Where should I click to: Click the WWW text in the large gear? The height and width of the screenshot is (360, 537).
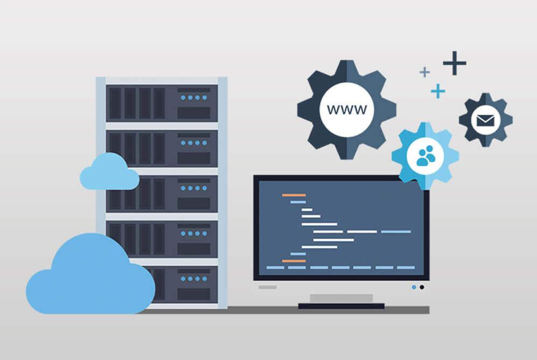[347, 110]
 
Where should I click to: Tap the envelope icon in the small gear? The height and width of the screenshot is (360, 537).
[485, 120]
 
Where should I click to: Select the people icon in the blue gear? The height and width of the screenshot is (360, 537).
[426, 156]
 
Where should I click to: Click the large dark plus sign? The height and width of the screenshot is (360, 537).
[454, 63]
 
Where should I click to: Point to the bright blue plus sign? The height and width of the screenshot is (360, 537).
[438, 91]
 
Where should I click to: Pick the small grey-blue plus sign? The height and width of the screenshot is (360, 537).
[425, 72]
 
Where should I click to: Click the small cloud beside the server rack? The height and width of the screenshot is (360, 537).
[110, 172]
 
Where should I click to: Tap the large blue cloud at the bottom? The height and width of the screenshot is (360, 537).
[90, 274]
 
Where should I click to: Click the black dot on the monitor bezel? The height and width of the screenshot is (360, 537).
[422, 287]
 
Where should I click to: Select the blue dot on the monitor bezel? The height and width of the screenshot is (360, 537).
[414, 287]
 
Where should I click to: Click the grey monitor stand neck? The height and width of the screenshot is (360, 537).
[341, 298]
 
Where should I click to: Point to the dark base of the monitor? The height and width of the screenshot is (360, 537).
[341, 306]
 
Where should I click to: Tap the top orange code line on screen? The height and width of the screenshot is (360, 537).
[294, 195]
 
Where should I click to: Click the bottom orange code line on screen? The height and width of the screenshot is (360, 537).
[294, 261]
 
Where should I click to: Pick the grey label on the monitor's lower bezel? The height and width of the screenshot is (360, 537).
[267, 287]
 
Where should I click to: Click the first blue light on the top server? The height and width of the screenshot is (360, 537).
[183, 98]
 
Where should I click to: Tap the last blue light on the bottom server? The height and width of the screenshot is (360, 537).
[205, 279]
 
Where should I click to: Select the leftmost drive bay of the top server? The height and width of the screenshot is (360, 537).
[115, 103]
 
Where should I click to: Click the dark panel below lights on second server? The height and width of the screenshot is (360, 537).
[194, 158]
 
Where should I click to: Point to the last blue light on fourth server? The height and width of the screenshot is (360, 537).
[205, 234]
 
